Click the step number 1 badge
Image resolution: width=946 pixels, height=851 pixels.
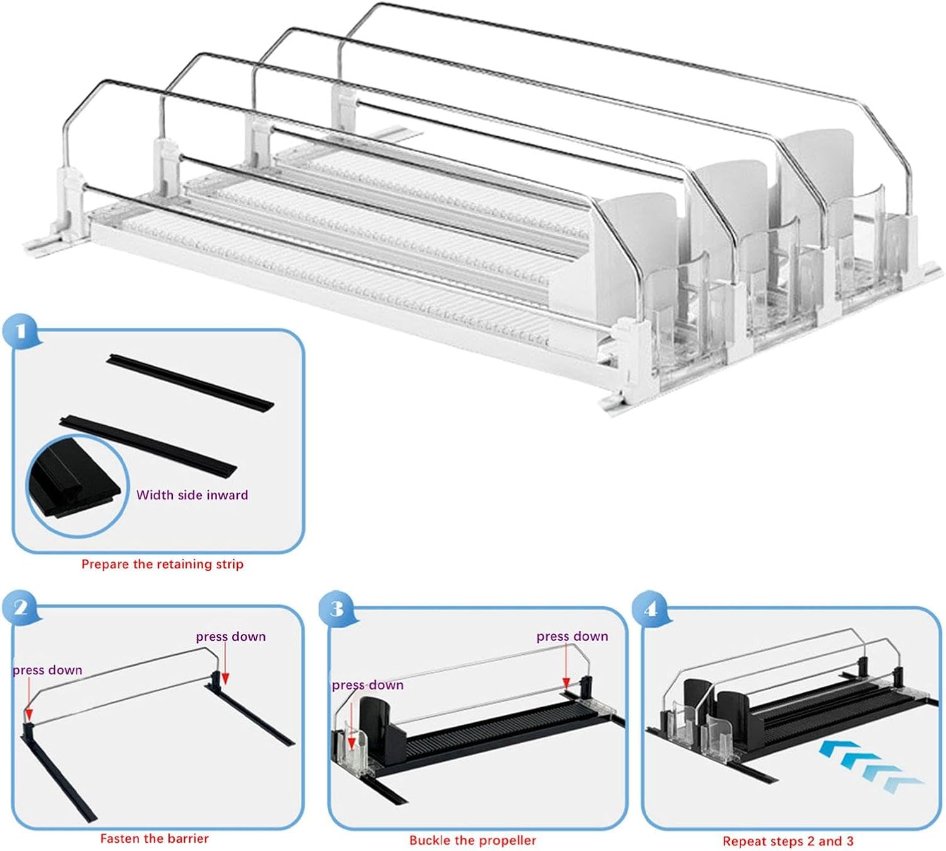21,331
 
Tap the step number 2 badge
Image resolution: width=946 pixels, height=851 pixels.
21,607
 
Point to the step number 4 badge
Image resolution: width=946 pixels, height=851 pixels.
650,609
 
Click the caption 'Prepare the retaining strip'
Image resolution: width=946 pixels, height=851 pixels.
162,564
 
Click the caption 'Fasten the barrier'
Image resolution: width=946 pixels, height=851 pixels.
154,838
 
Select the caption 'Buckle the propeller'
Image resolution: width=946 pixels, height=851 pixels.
472,840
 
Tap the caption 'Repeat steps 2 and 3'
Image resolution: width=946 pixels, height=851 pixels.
788,841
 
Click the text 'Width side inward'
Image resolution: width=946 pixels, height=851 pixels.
192,495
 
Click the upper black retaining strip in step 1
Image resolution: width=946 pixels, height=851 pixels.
191,382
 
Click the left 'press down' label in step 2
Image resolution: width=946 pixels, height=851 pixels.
47,670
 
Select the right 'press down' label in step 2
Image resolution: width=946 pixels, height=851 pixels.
230,637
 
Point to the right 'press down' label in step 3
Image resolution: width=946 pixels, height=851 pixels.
572,637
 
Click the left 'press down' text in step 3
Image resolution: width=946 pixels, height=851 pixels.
367,685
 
